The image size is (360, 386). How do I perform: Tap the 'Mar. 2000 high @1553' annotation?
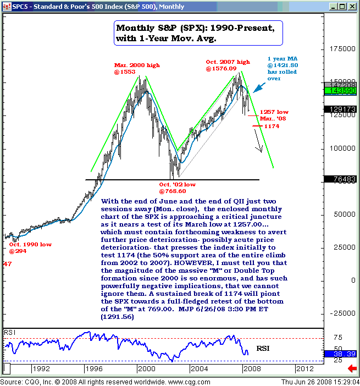137,69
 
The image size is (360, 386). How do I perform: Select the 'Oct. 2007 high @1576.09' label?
228,65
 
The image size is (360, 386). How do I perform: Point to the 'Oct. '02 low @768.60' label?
178,188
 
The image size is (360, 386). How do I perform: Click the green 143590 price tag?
339,90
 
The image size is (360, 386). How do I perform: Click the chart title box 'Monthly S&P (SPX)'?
198,34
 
